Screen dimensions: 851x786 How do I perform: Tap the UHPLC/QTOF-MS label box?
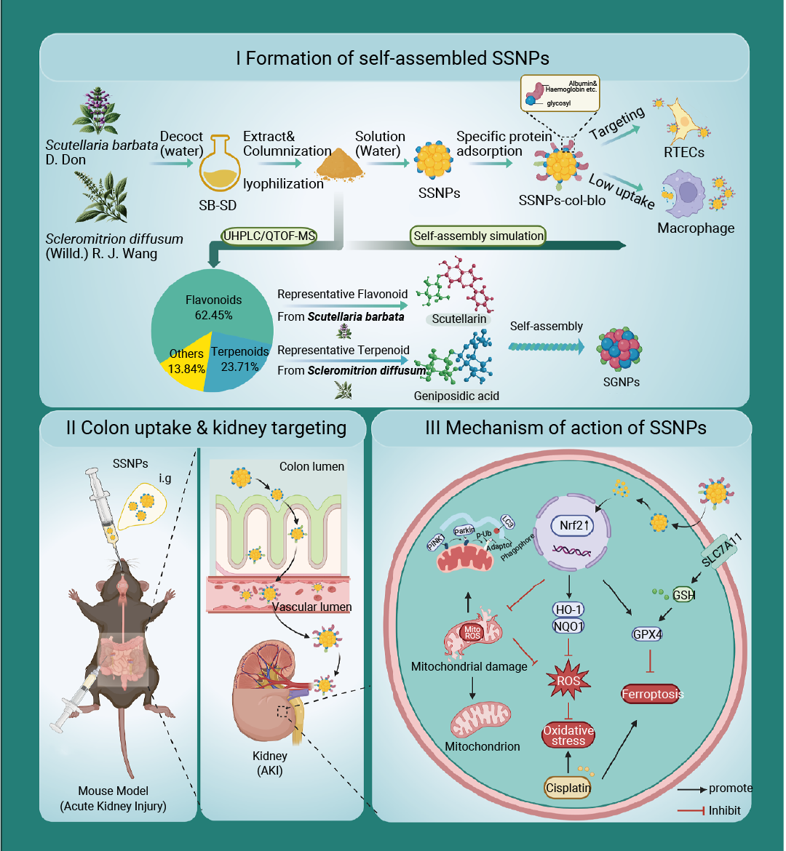[x=269, y=236]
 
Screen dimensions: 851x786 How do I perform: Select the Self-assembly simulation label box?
[x=478, y=236]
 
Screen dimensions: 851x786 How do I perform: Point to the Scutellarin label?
[x=459, y=319]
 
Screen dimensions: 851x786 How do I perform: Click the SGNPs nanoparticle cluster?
[x=620, y=349]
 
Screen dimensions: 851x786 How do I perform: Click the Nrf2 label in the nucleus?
[x=576, y=525]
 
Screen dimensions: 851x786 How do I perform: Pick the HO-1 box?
[x=568, y=610]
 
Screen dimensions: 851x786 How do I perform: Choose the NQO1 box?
[x=568, y=626]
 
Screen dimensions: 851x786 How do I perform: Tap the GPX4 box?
[x=647, y=634]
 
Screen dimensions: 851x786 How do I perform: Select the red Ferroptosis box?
[x=652, y=694]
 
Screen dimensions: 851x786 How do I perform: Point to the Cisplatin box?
[x=568, y=787]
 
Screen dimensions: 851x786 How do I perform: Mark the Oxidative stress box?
[x=568, y=735]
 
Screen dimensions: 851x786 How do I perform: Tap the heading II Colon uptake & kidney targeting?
[x=206, y=428]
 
